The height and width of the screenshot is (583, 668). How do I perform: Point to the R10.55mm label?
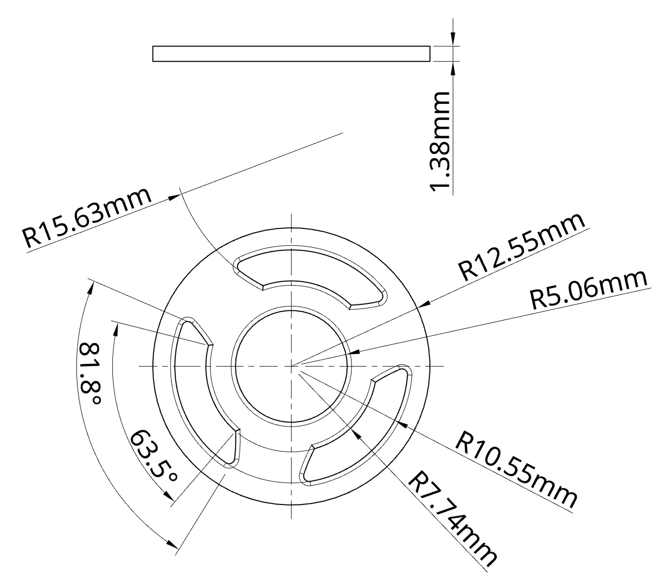(x=517, y=469)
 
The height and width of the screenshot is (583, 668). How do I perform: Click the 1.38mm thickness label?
(x=439, y=142)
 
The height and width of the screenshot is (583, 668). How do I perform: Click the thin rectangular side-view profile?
(x=291, y=54)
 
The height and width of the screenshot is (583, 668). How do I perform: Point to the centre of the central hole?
(x=292, y=366)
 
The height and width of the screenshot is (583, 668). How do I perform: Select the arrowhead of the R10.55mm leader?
(x=403, y=420)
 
